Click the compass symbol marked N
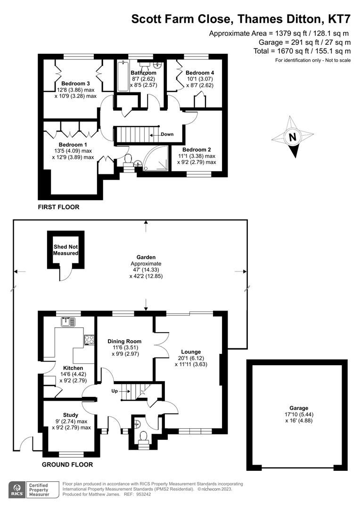293,138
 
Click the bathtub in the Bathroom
123,75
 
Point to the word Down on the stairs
167,134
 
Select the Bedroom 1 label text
73,145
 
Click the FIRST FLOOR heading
59,207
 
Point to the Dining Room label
124,341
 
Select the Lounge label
191,352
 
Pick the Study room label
71,415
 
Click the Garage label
299,408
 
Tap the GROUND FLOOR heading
67,465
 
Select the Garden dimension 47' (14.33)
146,270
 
